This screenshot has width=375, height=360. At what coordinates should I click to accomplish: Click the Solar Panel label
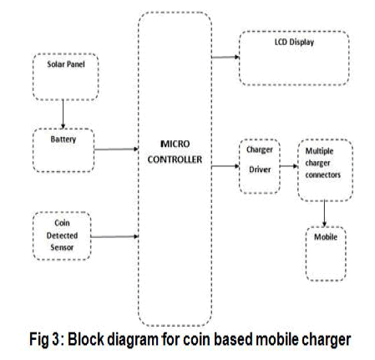(66, 64)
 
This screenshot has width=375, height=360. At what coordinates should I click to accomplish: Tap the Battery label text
(63, 139)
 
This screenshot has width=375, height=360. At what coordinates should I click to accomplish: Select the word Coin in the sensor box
(62, 223)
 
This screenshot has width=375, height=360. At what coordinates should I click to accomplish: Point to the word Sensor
(62, 247)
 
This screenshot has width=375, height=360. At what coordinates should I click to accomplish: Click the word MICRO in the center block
(175, 144)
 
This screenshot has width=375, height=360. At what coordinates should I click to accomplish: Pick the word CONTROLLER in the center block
(175, 160)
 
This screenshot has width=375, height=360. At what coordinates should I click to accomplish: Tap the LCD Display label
(294, 42)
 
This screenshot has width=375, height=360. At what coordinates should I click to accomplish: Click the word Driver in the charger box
(260, 170)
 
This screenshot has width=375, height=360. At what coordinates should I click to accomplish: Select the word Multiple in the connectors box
(319, 151)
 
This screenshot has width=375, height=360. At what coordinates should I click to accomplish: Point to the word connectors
(323, 175)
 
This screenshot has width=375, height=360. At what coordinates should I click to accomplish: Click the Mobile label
(326, 237)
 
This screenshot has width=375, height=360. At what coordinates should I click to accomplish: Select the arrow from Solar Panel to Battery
(63, 114)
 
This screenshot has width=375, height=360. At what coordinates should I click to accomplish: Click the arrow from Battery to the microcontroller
(116, 150)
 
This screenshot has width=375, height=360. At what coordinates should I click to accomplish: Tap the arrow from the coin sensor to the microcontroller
(114, 236)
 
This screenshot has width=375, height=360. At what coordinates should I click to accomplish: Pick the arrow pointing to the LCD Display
(226, 57)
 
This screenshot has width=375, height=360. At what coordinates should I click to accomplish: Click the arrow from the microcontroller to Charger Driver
(226, 166)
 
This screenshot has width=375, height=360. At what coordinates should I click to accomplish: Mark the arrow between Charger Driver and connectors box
(289, 166)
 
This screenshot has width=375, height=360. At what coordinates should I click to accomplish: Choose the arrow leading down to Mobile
(324, 213)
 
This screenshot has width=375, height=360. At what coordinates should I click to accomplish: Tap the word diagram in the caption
(133, 340)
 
